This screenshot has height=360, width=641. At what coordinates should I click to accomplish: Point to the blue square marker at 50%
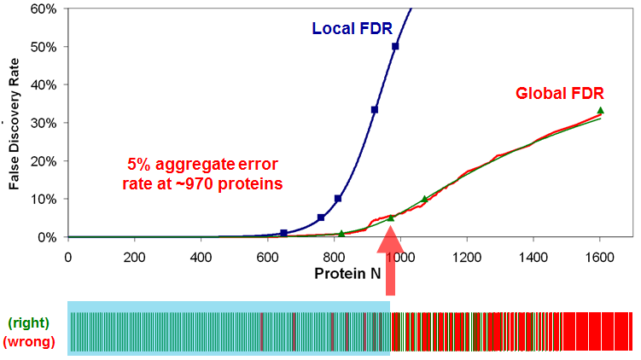pos(395,46)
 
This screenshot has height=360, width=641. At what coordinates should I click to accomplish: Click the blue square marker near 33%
pos(375,110)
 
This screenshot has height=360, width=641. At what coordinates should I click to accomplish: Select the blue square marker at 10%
pos(338,199)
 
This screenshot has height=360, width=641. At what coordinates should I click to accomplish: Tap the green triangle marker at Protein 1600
pos(600,111)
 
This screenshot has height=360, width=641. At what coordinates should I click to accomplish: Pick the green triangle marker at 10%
pos(424,200)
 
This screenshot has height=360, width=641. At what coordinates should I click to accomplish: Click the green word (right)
pos(28,322)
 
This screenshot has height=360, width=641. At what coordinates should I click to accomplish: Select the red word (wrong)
pos(28,341)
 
